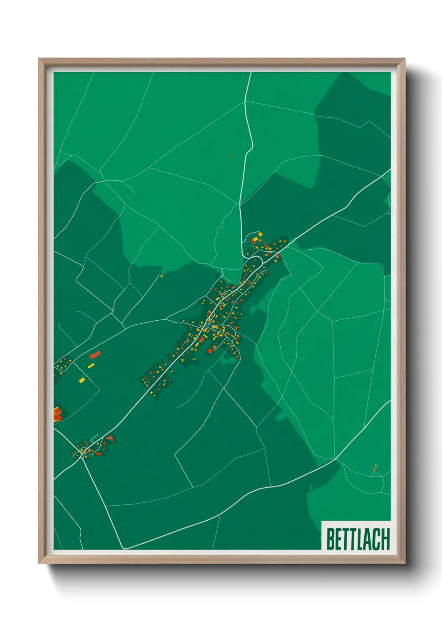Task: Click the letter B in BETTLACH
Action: pos(330,539)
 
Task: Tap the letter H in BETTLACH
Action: pos(385,539)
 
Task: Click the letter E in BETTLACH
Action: pos(339,539)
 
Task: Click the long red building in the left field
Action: pos(95,355)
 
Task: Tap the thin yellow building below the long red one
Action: pos(91,366)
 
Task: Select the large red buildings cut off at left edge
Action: pos(57,414)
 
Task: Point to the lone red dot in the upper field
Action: pos(232,157)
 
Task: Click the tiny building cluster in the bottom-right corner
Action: pos(375,469)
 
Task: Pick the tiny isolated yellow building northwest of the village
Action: pos(161,276)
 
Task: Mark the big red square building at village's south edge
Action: pos(211,351)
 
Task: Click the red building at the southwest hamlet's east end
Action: pos(110,438)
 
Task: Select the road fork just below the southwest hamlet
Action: pos(83,458)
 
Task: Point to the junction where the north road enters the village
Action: pos(243,253)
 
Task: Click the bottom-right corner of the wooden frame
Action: pos(405,564)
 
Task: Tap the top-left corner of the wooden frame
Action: pos(38,58)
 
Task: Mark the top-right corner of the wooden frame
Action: pos(405,58)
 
